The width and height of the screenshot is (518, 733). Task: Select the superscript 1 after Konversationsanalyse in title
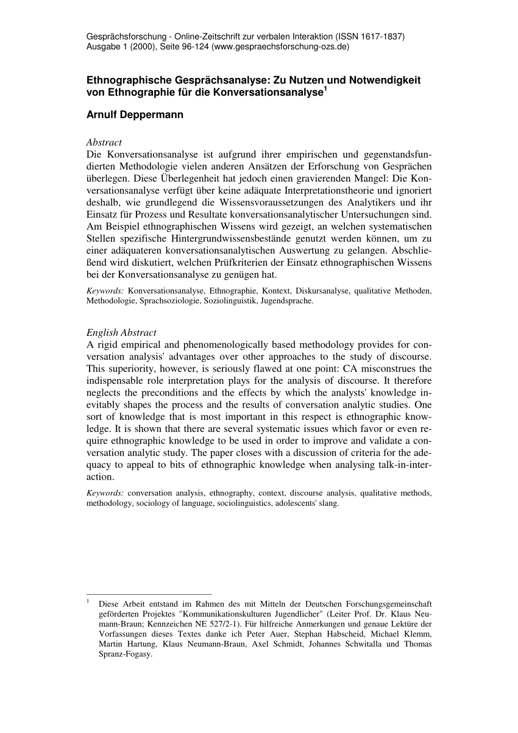pos(325,90)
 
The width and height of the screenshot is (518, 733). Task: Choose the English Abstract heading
pos(121,333)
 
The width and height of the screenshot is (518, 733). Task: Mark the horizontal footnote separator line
pos(149,593)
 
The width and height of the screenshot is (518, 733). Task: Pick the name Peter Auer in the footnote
pos(262,635)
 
